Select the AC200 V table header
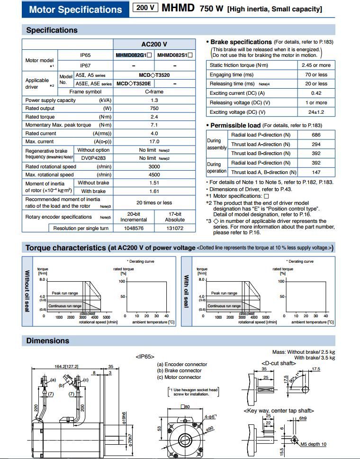pos(154,44)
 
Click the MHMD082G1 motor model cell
pos(133,55)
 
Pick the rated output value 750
pos(154,108)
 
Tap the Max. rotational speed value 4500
pos(154,174)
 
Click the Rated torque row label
pos(40,117)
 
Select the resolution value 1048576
pos(134,228)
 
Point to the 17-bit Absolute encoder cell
pos(175,217)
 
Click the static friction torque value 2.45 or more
pos(316,65)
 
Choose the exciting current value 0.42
pos(316,93)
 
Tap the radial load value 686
pos(316,135)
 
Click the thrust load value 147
pos(316,173)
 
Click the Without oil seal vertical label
pos(27,291)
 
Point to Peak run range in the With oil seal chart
pos(224,294)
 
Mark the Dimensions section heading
pos(47,340)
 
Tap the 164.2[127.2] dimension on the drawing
pos(66,366)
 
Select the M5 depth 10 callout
pos(313,444)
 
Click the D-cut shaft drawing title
pos(279,363)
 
